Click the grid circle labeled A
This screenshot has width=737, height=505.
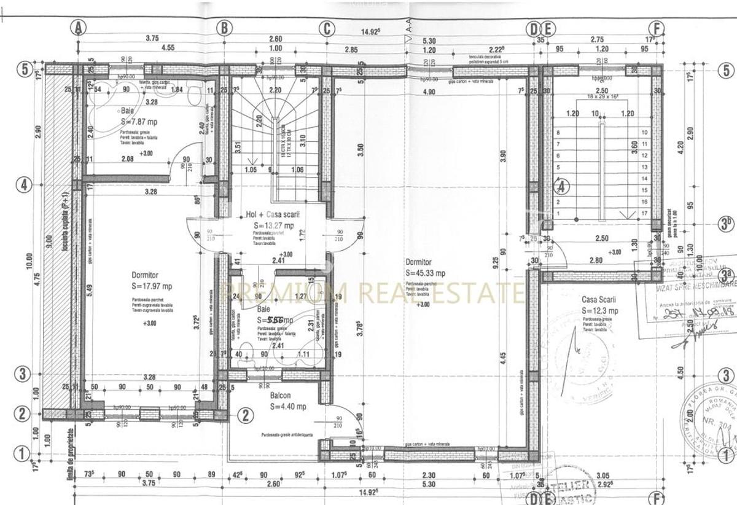coord(79,27)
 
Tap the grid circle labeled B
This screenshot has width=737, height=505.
coord(225,27)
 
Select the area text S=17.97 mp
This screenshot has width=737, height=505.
coord(152,286)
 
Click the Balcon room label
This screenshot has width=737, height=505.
coord(280,396)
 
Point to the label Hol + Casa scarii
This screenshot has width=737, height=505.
coord(273,214)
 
